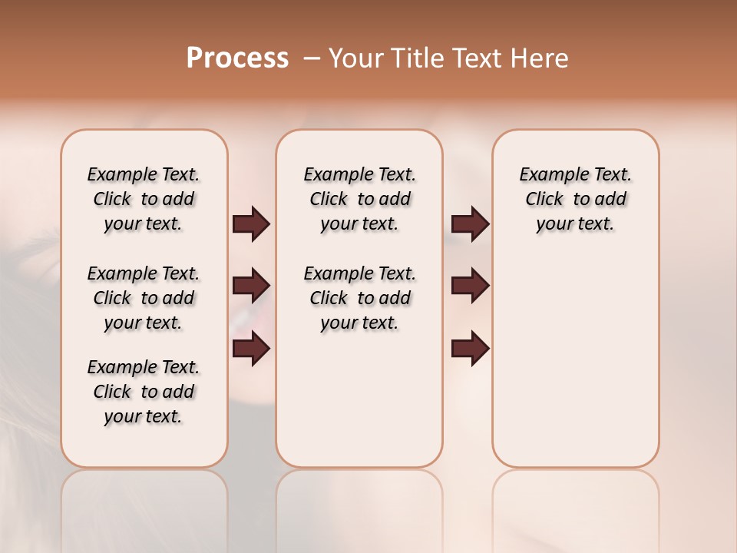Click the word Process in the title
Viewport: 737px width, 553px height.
pos(237,58)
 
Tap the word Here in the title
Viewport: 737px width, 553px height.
pos(540,58)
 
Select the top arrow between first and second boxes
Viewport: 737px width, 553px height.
pos(251,224)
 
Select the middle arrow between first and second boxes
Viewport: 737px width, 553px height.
pos(251,286)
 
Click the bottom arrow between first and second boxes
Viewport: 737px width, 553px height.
pos(251,349)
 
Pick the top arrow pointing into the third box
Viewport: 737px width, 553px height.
pos(470,224)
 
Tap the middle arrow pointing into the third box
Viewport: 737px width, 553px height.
pos(470,286)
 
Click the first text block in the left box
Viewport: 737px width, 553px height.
pos(144,199)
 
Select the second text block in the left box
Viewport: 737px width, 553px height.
pos(144,298)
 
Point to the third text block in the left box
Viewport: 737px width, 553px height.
pos(144,392)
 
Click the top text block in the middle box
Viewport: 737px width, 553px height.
pos(359,199)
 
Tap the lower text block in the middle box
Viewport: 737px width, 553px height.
pos(359,298)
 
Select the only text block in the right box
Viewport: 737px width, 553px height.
pos(575,199)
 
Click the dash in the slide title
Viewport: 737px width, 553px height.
pos(312,58)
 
